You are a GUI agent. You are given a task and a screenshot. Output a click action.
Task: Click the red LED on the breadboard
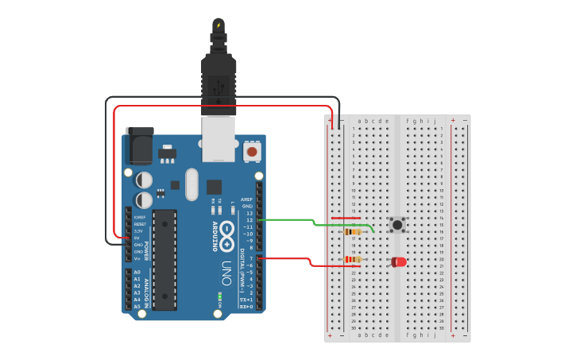pyautogui.click(x=398, y=261)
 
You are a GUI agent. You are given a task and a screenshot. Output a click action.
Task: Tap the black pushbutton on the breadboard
pyautogui.click(x=398, y=225)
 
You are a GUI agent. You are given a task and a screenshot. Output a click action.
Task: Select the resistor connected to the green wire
pyautogui.click(x=354, y=232)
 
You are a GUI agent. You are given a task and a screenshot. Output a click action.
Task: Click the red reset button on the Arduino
pyautogui.click(x=252, y=151)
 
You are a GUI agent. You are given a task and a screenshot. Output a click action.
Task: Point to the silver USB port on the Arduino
pyautogui.click(x=218, y=138)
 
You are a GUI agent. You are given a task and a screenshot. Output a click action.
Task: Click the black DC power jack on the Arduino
pyautogui.click(x=140, y=146)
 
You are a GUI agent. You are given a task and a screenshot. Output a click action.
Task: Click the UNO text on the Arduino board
pyautogui.click(x=227, y=269)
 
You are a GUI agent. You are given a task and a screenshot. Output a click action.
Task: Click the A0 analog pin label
pyautogui.click(x=137, y=273)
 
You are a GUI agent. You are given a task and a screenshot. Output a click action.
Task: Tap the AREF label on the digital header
pyautogui.click(x=247, y=199)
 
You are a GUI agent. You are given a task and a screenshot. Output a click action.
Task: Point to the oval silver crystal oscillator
pyautogui.click(x=191, y=184)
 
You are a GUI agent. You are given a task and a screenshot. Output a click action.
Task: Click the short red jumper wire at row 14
pyautogui.click(x=346, y=218)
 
